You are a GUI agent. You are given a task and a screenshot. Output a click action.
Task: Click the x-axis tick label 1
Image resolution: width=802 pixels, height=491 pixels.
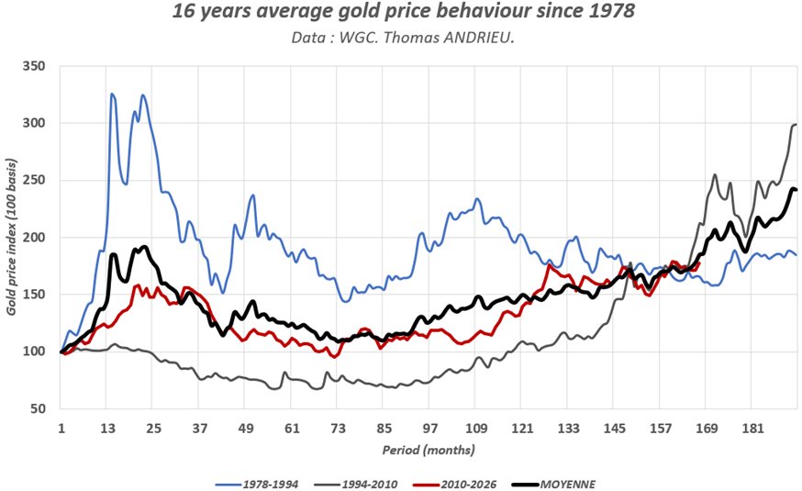tap(61, 429)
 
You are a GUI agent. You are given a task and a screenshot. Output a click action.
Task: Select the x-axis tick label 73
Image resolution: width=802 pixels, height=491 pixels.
tap(338, 429)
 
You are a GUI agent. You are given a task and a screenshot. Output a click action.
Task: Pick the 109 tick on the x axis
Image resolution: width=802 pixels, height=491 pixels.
tap(476, 429)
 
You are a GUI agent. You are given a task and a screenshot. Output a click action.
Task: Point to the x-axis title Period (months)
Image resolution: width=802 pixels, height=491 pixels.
tap(428, 452)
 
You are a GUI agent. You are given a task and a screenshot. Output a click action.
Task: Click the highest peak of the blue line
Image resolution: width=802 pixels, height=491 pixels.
tap(112, 94)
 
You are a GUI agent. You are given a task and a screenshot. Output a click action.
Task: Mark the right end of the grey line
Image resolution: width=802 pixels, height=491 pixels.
tap(796, 124)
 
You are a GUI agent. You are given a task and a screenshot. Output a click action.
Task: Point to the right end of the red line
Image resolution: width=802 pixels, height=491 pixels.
tap(698, 264)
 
